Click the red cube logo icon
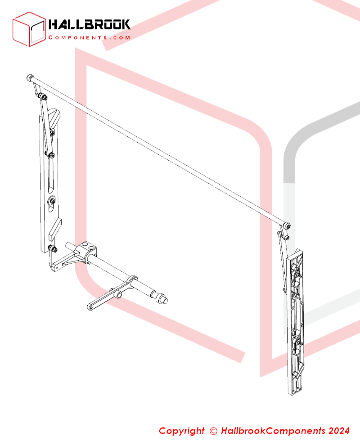[29, 29]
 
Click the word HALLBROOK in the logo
[89, 25]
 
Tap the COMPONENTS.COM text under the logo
[89, 37]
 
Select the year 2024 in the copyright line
[339, 431]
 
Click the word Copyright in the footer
[182, 431]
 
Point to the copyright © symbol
[213, 431]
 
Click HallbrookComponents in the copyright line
[273, 431]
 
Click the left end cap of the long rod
[30, 77]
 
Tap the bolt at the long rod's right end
[288, 226]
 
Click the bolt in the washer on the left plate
[51, 201]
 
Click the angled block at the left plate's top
[54, 119]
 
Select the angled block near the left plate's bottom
[55, 229]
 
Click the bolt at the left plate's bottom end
[52, 249]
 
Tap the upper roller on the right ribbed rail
[297, 275]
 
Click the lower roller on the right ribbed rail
[297, 342]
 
